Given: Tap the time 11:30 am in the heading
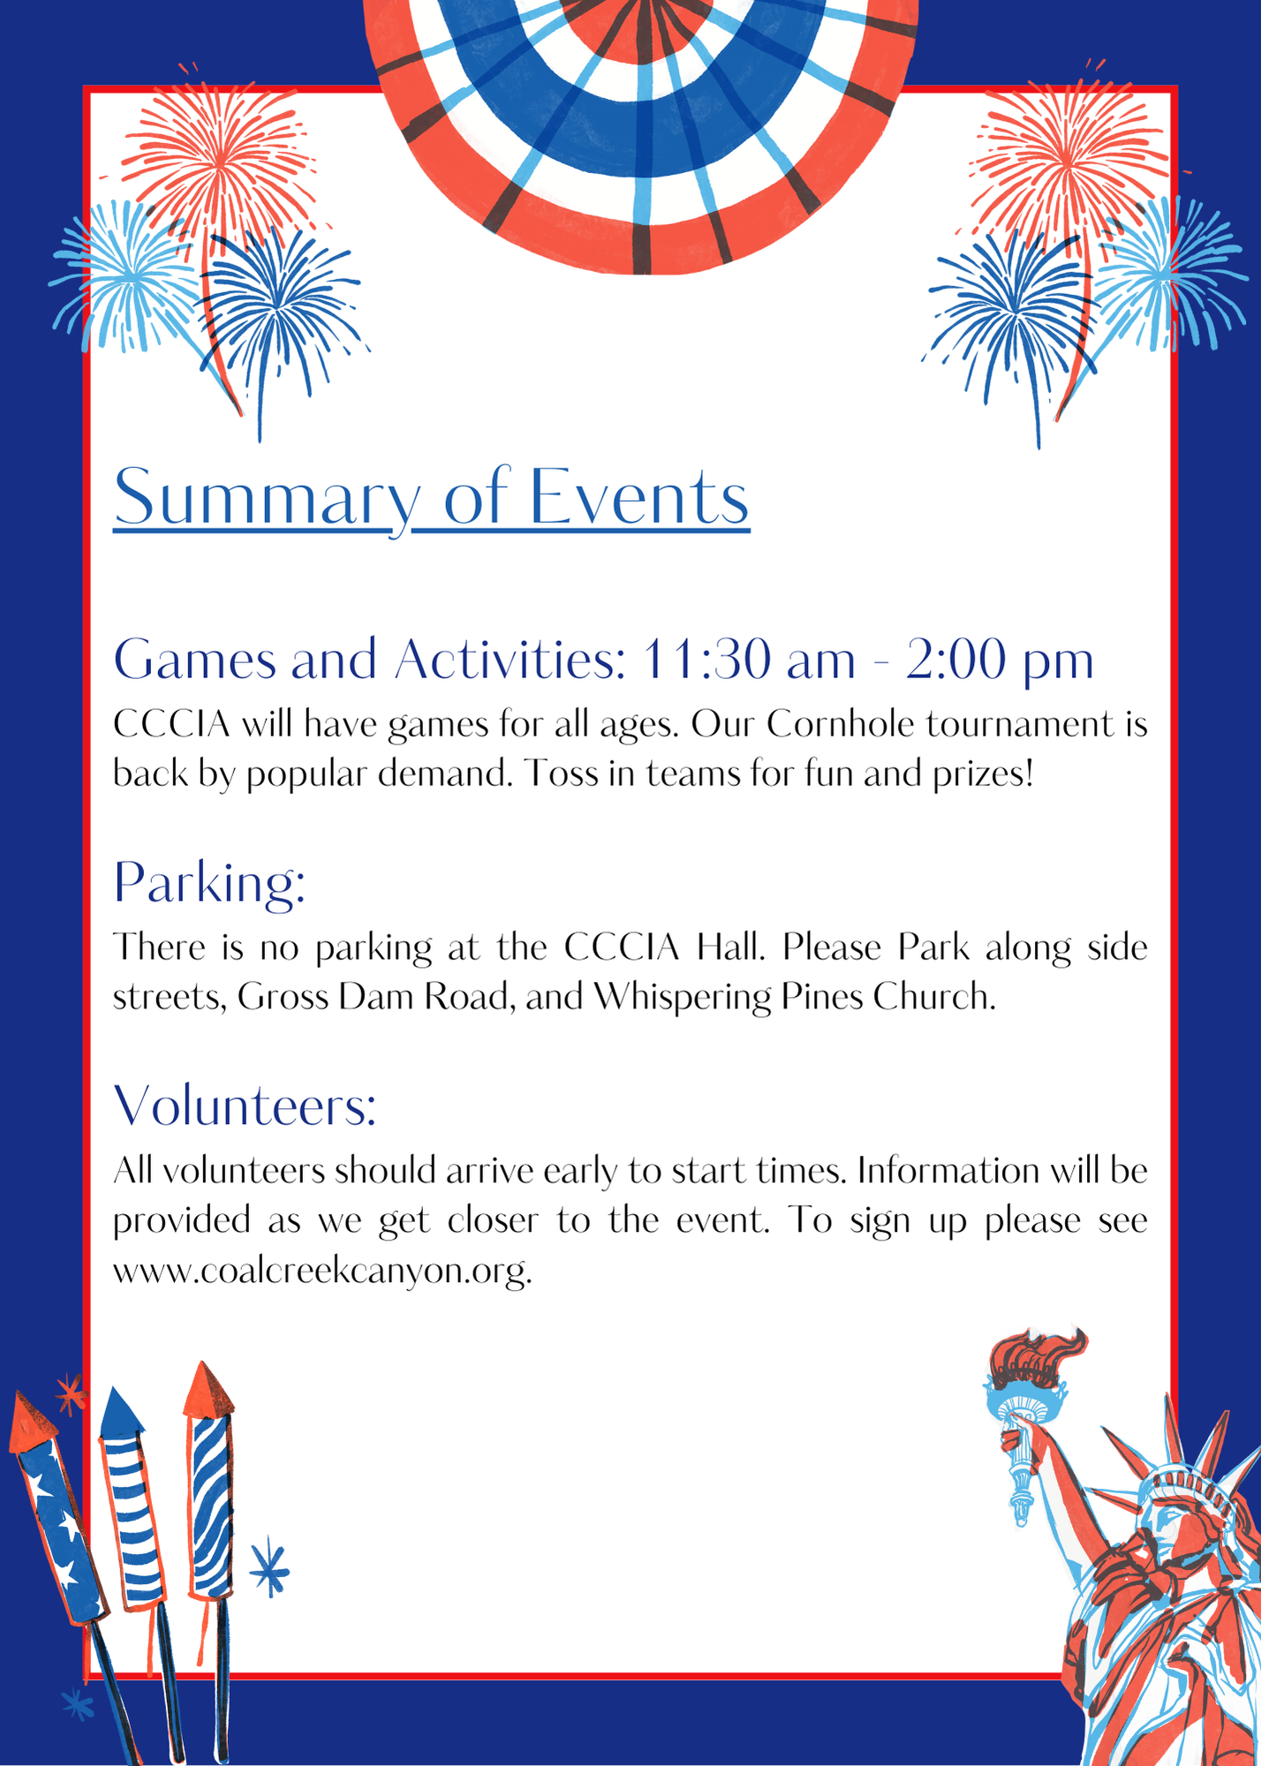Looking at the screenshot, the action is point(749,660).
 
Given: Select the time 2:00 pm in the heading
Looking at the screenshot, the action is point(1000,660).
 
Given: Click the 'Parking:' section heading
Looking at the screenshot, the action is point(209,882).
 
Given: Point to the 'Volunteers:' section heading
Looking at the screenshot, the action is point(245,1105).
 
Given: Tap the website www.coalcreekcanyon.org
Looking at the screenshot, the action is point(322,1271).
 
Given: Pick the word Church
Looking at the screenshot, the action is point(934,996).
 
